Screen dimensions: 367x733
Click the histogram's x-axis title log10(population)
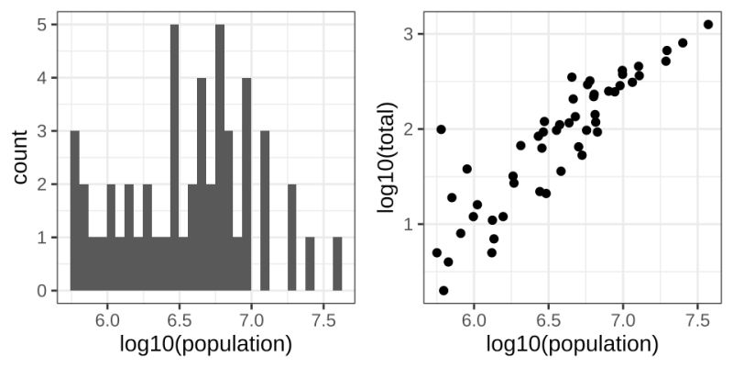[206, 345]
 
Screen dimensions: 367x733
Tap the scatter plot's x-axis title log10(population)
[573, 345]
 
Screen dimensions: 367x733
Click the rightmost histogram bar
[338, 264]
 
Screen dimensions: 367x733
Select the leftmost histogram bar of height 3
[75, 211]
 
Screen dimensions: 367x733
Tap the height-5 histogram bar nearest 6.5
[174, 158]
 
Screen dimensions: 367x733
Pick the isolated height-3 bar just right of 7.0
[265, 211]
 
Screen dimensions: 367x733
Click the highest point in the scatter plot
[707, 25]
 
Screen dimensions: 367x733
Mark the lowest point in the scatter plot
[443, 290]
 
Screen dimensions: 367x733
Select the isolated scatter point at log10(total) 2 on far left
[441, 129]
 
